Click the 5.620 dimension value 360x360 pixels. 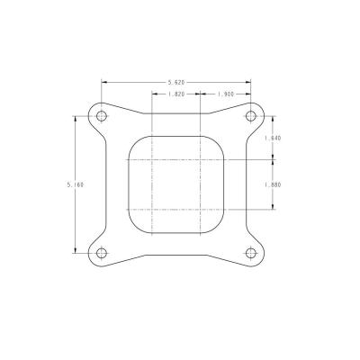tap(176, 82)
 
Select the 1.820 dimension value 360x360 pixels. tap(176, 94)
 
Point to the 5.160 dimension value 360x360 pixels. tap(76, 184)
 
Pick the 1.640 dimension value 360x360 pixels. tap(273, 139)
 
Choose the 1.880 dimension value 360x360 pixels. tap(273, 184)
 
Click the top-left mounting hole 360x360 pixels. tap(102, 116)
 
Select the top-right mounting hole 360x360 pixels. tap(251, 116)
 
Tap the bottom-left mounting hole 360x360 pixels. tap(102, 253)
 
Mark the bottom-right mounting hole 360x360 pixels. tap(251, 253)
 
